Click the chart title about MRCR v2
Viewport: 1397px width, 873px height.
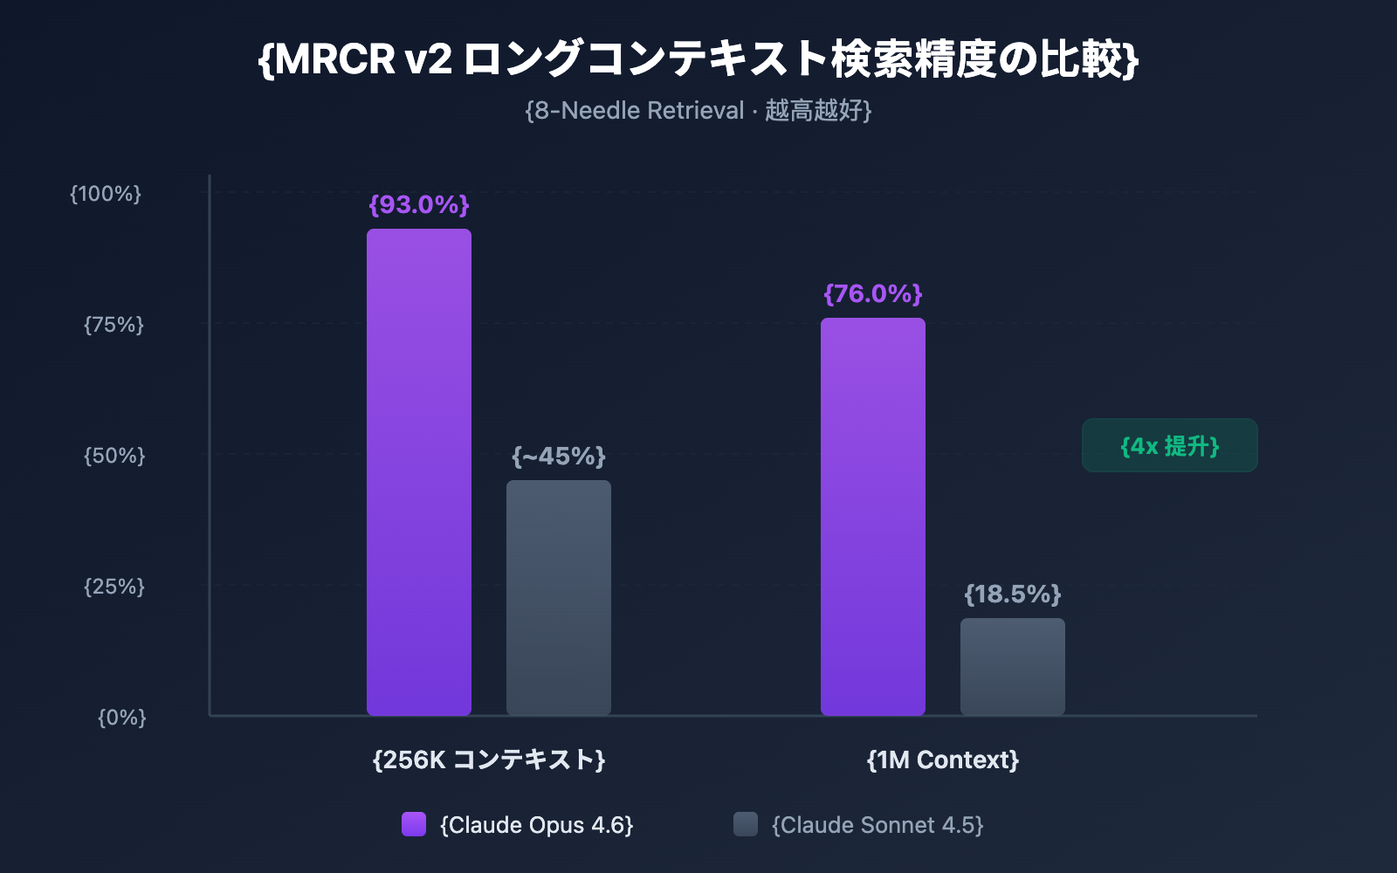(x=698, y=59)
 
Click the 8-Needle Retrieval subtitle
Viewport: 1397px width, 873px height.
(x=698, y=111)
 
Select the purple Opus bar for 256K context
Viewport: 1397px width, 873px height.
(x=419, y=471)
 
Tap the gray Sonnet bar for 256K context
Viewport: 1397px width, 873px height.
(x=559, y=598)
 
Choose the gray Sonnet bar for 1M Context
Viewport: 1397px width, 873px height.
(x=1013, y=667)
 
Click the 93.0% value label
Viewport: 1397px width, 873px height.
(x=419, y=204)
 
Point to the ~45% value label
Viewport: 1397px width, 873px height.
(x=559, y=456)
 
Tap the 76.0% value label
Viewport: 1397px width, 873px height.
(x=873, y=293)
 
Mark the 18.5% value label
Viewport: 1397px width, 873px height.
(x=1013, y=595)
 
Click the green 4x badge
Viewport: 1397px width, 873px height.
(x=1170, y=446)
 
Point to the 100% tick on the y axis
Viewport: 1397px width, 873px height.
(x=106, y=194)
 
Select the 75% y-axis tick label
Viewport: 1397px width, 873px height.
(x=114, y=325)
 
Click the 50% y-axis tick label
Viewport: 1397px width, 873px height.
(x=114, y=456)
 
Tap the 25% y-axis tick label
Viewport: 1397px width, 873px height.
(x=114, y=587)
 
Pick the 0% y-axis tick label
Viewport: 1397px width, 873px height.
(x=122, y=718)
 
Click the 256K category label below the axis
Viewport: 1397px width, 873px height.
(x=489, y=760)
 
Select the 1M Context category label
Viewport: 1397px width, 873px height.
(x=943, y=760)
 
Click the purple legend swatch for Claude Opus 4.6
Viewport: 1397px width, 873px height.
(x=414, y=824)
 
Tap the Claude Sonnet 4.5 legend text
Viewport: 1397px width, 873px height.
(x=877, y=825)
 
